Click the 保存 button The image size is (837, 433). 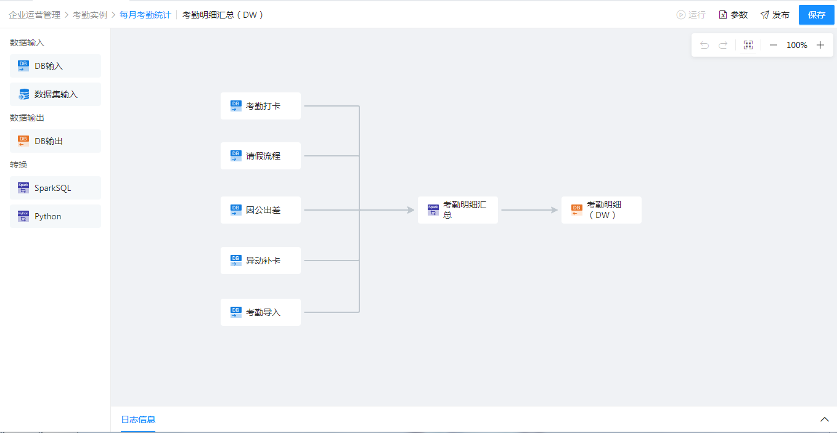point(816,15)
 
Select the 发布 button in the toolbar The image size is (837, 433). point(775,15)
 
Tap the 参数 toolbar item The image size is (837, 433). point(733,15)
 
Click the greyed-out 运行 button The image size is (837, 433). point(691,15)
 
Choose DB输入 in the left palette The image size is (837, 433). point(55,66)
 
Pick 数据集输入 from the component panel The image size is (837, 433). point(55,94)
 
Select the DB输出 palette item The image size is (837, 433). point(55,141)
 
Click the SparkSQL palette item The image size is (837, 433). point(55,188)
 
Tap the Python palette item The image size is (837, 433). point(55,216)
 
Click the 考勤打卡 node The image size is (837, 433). point(261,106)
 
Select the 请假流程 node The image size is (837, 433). point(261,156)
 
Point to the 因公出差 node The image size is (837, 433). point(261,210)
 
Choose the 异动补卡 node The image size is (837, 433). point(261,261)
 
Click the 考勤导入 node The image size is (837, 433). point(261,312)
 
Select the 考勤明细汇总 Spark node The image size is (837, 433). point(458,210)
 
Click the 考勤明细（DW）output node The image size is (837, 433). point(602,210)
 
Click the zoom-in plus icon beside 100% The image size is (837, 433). point(820,45)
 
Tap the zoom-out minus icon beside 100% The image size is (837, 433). point(774,45)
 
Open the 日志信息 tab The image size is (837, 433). point(138,419)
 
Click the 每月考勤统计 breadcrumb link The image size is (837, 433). point(145,15)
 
